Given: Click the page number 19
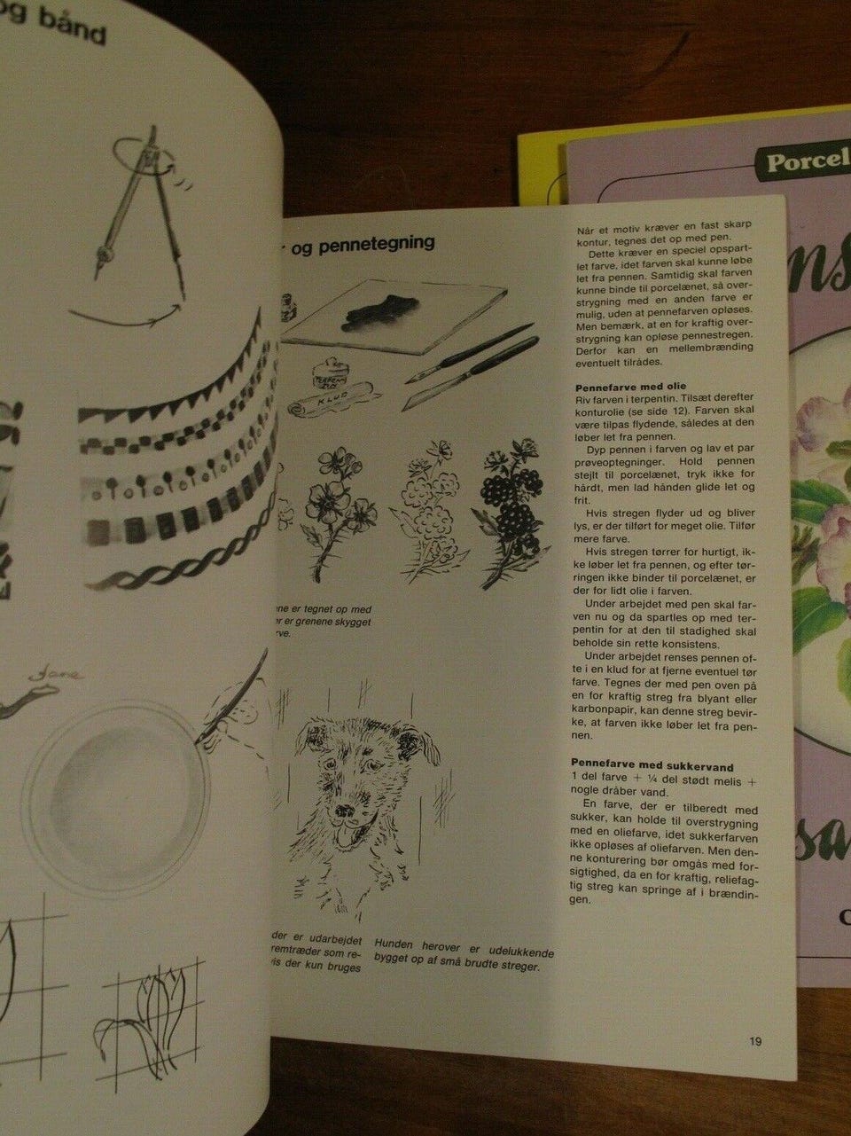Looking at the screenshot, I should (754, 1041).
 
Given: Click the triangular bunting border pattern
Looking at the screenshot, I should (168, 359).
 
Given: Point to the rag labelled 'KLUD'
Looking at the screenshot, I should (332, 403).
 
